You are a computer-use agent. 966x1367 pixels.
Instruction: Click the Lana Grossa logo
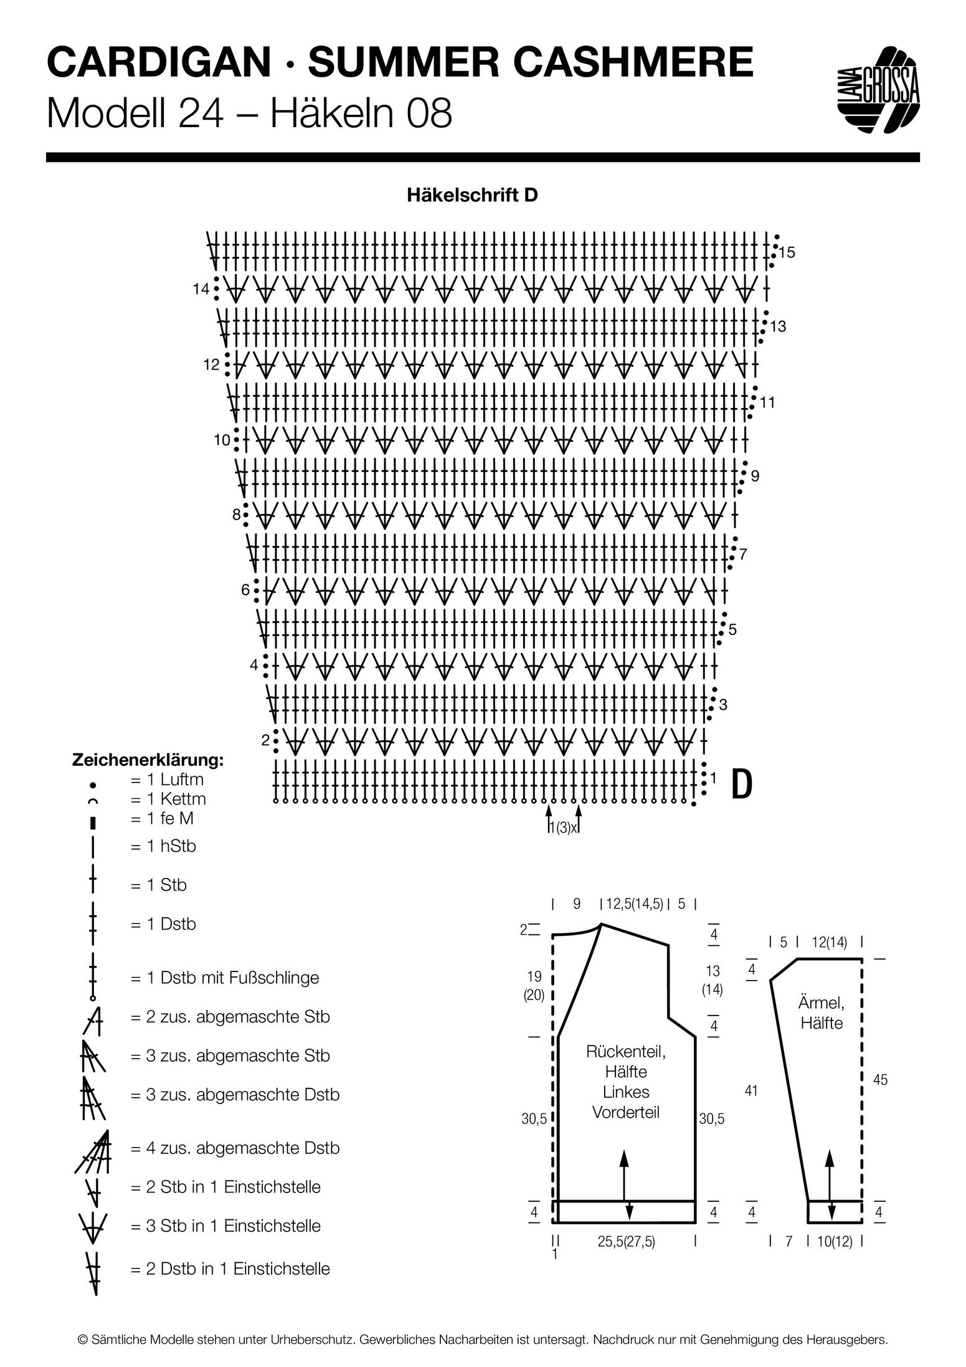click(878, 90)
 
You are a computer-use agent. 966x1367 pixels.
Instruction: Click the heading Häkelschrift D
click(472, 195)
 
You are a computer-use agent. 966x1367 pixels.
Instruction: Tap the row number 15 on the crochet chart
click(787, 252)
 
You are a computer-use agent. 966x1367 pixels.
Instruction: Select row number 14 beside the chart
click(201, 289)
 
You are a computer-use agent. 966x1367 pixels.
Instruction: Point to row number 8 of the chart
click(237, 515)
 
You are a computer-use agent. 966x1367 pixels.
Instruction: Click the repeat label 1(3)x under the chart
click(564, 827)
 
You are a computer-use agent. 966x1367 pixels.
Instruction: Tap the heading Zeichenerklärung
click(148, 761)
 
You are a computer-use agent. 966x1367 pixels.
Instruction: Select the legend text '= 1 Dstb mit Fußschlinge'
click(225, 978)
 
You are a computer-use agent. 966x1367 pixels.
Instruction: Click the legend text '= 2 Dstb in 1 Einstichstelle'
click(230, 1269)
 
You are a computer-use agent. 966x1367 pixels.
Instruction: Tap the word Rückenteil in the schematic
click(626, 1052)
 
